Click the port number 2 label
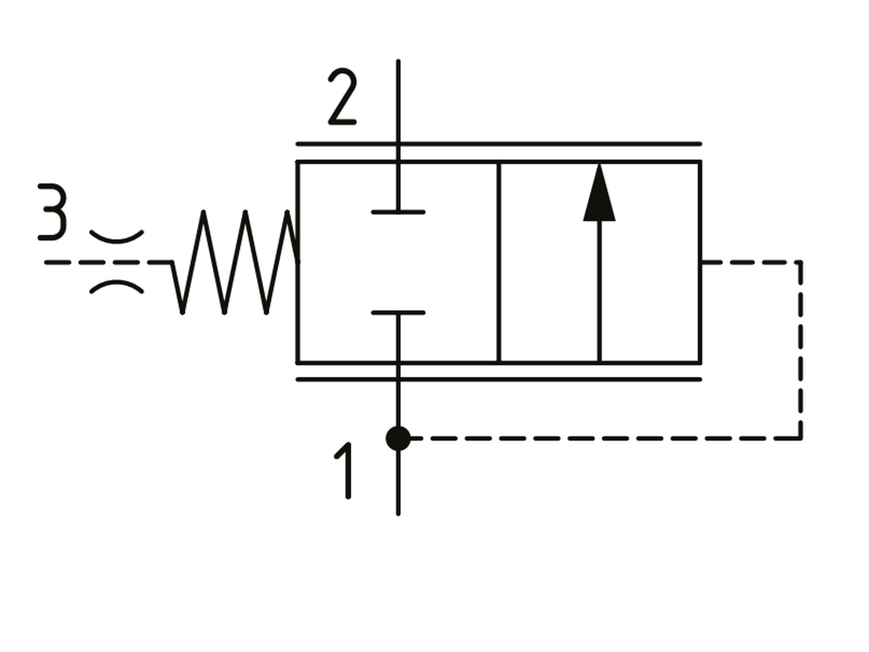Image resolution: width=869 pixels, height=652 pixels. click(x=343, y=97)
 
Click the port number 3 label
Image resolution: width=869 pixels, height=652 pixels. click(x=52, y=212)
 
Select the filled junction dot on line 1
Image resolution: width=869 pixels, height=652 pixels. click(x=398, y=438)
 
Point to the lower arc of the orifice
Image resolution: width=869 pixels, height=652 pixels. click(x=116, y=286)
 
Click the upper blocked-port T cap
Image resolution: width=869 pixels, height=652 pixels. click(x=398, y=212)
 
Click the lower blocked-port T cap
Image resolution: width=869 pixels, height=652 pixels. click(x=398, y=313)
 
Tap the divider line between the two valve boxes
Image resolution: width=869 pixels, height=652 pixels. click(x=499, y=262)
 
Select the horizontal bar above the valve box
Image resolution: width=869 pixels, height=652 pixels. click(x=499, y=143)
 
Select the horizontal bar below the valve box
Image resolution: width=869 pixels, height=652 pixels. click(x=499, y=380)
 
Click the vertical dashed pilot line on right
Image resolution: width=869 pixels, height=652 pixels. click(x=801, y=350)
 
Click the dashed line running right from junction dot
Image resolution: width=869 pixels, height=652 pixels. click(x=606, y=438)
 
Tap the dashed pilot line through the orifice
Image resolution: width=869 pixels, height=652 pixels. click(x=108, y=262)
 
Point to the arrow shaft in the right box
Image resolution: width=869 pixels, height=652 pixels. click(x=600, y=291)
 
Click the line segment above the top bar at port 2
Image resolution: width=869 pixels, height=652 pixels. click(x=398, y=102)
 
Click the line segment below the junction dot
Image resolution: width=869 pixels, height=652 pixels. click(x=398, y=482)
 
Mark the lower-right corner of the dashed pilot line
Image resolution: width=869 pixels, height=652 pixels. click(x=801, y=438)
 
